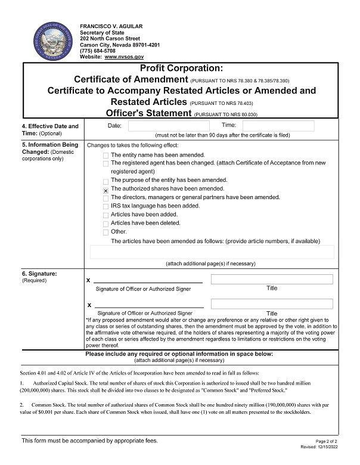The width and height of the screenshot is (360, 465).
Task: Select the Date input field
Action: tap(160, 126)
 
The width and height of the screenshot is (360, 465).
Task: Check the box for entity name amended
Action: tap(105, 156)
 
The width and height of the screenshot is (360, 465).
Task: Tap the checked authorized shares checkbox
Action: tap(105, 190)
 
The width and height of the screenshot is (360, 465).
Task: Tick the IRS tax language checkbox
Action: tap(105, 207)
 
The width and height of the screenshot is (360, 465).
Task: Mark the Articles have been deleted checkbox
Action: tap(105, 224)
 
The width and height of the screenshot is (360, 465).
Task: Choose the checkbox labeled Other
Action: tap(105, 232)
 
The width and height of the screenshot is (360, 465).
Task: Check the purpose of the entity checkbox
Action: tap(105, 181)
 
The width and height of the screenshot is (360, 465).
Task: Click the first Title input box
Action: tap(272, 280)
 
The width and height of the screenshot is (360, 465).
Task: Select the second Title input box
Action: tap(272, 304)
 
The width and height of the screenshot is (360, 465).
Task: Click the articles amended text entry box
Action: tap(212, 252)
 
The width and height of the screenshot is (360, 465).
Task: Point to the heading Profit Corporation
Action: tap(182, 69)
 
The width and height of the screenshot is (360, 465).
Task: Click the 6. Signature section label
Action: tap(39, 274)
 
